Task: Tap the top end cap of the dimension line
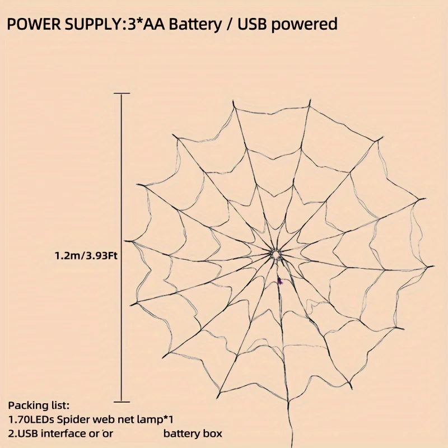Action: (122, 93)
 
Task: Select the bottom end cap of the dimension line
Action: (122, 402)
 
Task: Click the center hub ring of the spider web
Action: (276, 255)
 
